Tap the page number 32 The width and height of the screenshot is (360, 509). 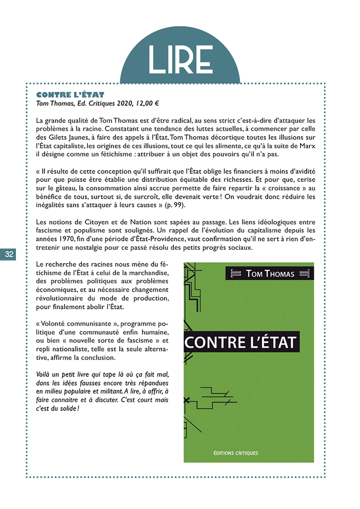tap(9, 254)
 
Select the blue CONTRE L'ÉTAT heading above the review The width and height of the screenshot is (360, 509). tap(70, 95)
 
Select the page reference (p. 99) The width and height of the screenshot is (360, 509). tap(175, 205)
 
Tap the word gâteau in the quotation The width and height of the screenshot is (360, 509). tap(65, 188)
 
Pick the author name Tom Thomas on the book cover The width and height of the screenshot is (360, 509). tap(270, 274)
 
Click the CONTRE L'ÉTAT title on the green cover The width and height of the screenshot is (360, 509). tap(240, 342)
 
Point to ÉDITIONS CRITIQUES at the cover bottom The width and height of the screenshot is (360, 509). tap(236, 453)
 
